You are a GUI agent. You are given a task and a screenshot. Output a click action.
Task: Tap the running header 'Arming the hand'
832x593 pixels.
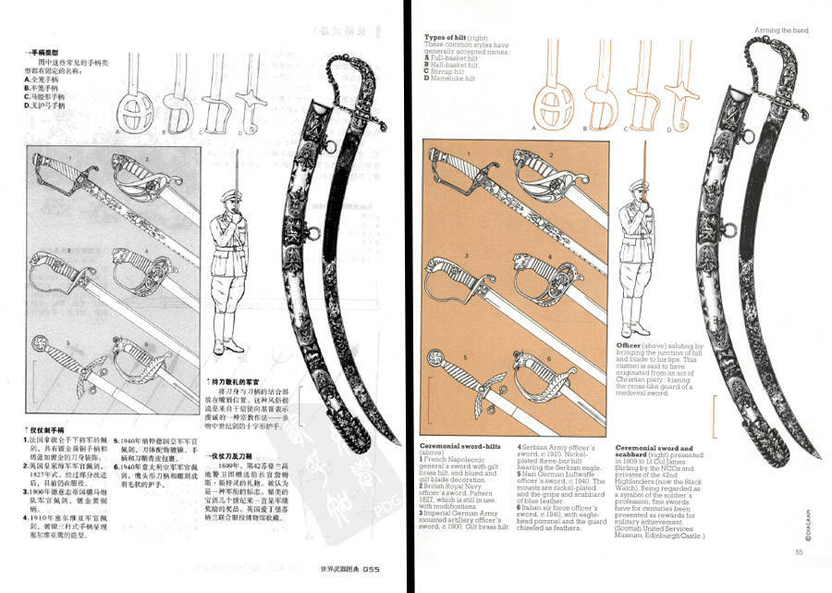tap(781, 31)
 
